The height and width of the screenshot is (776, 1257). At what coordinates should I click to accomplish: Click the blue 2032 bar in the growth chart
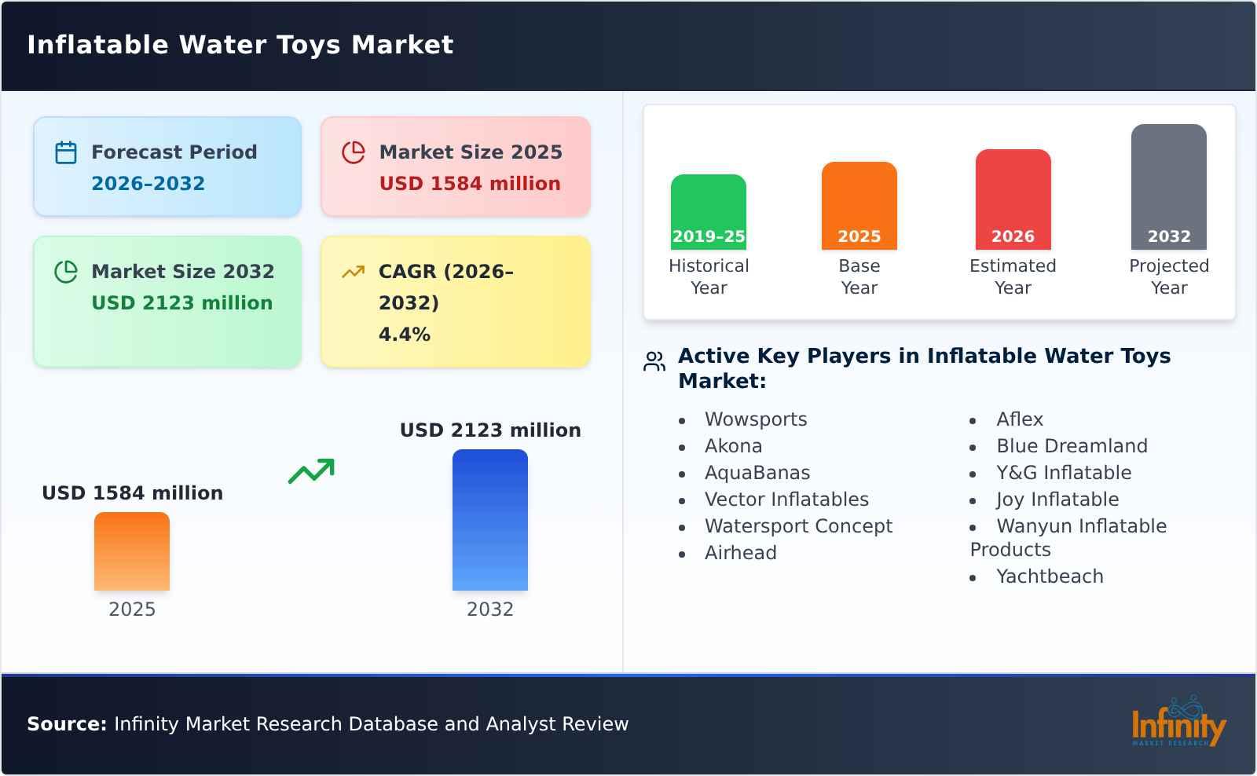click(489, 519)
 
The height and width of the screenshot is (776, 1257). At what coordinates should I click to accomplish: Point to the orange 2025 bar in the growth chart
click(131, 551)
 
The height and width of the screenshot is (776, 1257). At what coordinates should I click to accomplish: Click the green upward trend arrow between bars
click(311, 471)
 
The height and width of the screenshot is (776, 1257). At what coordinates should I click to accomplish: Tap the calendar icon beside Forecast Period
click(66, 152)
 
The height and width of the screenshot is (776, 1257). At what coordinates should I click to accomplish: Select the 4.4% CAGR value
click(404, 335)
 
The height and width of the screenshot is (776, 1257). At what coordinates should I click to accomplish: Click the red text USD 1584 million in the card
click(470, 184)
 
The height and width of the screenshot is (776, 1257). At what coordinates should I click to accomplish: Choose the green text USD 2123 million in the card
click(181, 303)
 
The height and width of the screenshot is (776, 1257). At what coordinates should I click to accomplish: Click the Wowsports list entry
click(755, 419)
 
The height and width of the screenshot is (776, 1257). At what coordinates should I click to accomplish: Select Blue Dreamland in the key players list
click(1072, 446)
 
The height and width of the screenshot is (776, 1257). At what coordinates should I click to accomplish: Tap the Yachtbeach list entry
click(1050, 577)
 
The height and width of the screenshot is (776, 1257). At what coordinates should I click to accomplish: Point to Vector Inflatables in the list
click(786, 500)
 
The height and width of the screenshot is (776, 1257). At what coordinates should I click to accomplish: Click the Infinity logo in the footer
click(1178, 723)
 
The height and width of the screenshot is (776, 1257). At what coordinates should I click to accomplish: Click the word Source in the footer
click(66, 724)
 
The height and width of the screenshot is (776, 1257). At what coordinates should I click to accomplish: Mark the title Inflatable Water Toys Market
click(240, 45)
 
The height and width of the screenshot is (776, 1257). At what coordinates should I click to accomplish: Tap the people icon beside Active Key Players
click(654, 361)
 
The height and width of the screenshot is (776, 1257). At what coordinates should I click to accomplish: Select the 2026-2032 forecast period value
click(148, 184)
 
